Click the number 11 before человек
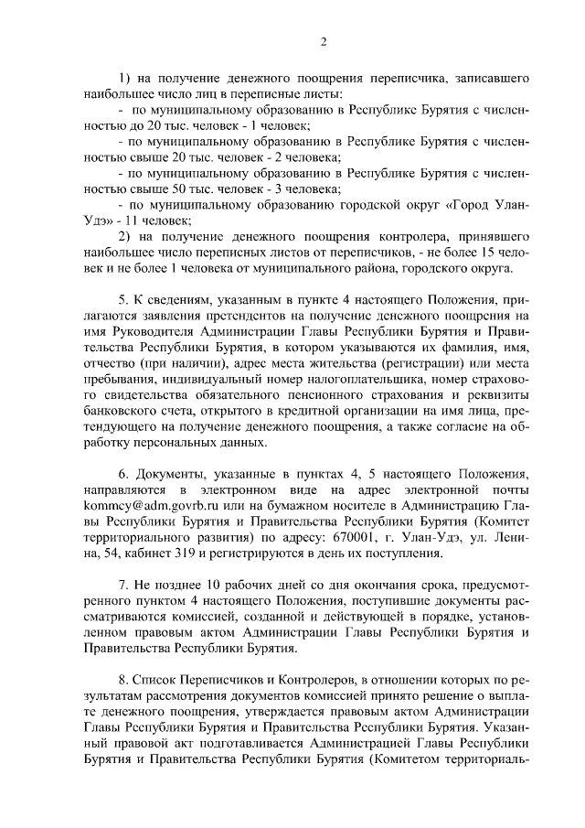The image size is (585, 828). [144, 221]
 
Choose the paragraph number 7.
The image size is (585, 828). [123, 584]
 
